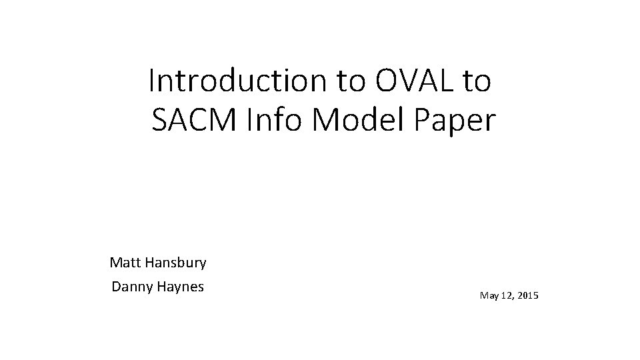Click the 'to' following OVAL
click(x=475, y=81)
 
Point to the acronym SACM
click(x=193, y=121)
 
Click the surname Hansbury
click(x=175, y=263)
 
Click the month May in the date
click(x=488, y=294)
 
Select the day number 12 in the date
click(x=506, y=294)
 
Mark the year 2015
click(x=528, y=294)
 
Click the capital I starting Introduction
click(x=152, y=81)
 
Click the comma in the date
click(x=513, y=297)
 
